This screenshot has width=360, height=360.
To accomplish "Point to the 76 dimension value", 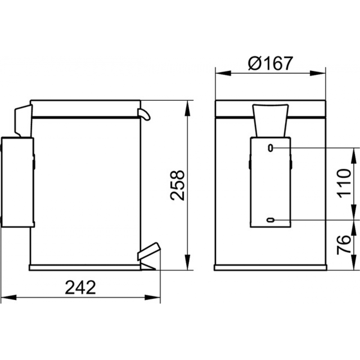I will click(344, 245).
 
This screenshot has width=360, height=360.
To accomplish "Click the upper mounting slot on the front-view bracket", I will click(271, 148).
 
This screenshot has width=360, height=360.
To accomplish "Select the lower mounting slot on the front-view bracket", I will click(271, 220).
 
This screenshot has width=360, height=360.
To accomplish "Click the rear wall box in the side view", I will click(17, 182).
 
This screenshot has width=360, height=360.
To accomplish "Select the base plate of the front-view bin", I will click(271, 267).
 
